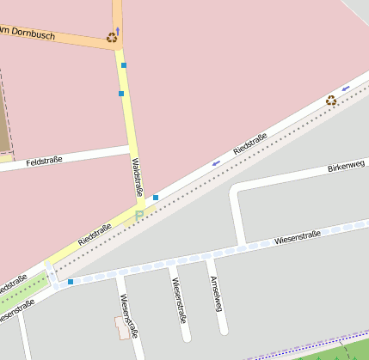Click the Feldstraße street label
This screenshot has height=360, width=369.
click(x=44, y=161)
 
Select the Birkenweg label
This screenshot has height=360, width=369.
click(x=346, y=165)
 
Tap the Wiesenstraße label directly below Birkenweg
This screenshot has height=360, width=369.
click(x=298, y=238)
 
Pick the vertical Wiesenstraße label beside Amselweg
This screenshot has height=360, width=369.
click(x=179, y=295)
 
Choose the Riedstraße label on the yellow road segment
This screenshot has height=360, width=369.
click(x=95, y=233)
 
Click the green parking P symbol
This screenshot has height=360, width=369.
click(x=139, y=215)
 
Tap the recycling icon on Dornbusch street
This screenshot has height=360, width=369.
click(x=112, y=37)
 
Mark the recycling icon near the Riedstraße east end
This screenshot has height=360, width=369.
click(x=331, y=101)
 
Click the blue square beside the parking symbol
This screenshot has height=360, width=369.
click(x=156, y=198)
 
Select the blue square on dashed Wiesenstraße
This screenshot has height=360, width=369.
click(x=71, y=281)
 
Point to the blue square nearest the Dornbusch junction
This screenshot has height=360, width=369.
click(x=124, y=65)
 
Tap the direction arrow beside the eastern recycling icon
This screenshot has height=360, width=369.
click(x=346, y=89)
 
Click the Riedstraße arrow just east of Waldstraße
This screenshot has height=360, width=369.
click(x=216, y=162)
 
